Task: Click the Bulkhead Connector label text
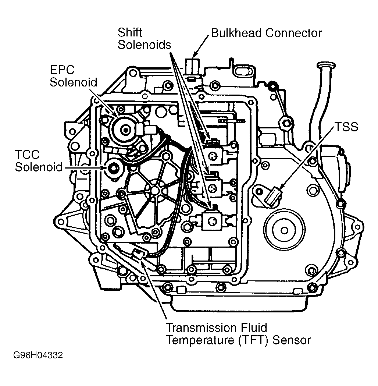pos(266,33)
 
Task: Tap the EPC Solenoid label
pos(74,76)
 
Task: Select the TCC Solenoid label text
pos(39,161)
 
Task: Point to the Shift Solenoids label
pos(144,39)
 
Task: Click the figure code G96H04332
pos(38,355)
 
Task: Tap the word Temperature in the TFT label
pos(200,340)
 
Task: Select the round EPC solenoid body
pos(125,129)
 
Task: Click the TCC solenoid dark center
pos(114,169)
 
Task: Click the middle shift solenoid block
pos(213,188)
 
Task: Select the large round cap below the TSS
pos(284,230)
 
